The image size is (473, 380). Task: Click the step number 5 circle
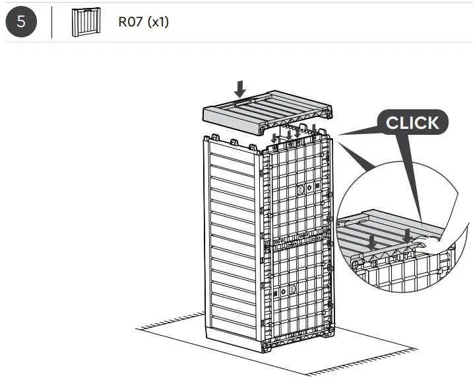[22, 21]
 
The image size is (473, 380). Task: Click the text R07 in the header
[131, 22]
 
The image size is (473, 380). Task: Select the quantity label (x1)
[158, 22]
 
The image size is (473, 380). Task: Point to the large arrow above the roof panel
[241, 89]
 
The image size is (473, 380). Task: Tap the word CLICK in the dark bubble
[412, 123]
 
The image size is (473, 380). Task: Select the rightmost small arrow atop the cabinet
[314, 128]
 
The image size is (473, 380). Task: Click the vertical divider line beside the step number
[52, 22]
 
